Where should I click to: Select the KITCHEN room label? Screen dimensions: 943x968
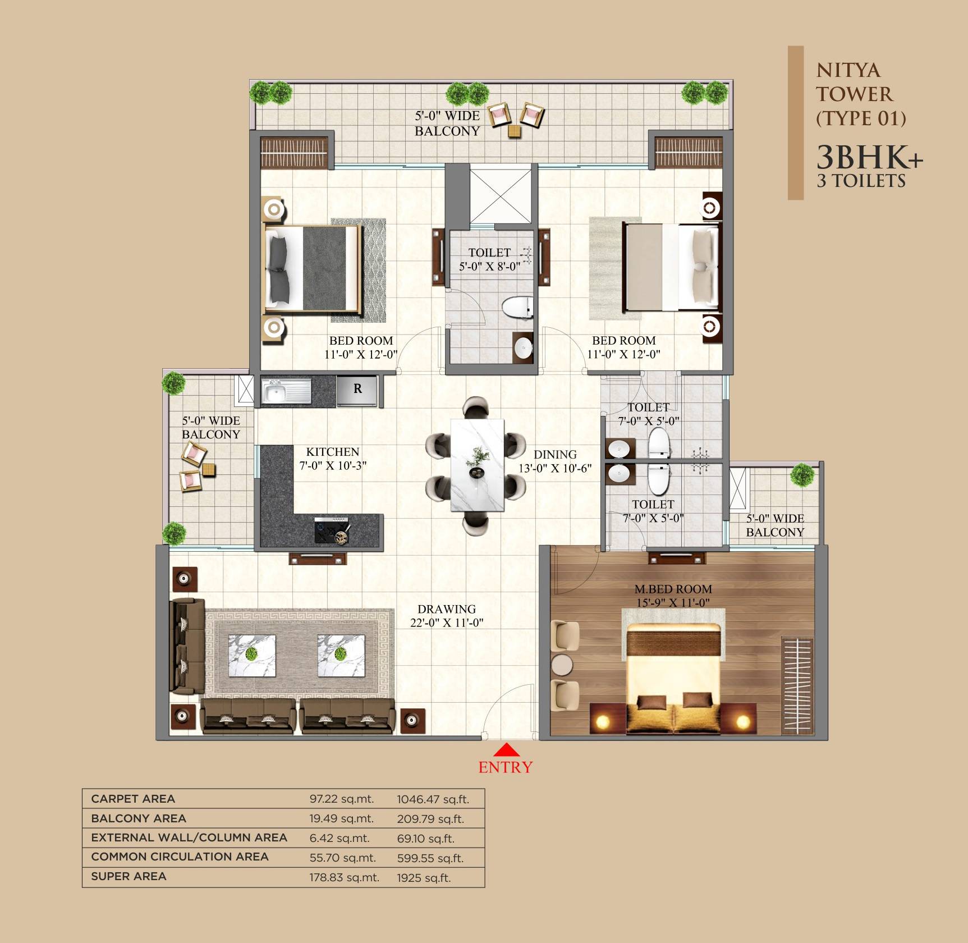click(333, 452)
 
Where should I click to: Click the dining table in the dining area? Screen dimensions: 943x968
click(478, 465)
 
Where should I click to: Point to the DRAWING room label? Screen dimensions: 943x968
click(447, 609)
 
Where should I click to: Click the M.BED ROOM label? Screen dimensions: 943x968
click(673, 589)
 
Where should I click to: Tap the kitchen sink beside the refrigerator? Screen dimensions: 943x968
click(278, 391)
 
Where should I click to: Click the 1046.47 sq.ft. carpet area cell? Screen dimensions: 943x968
click(433, 799)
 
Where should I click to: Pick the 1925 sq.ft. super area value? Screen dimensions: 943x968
click(424, 878)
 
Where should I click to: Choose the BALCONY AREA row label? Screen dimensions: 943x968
click(139, 818)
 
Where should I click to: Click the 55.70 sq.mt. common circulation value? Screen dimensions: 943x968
click(342, 858)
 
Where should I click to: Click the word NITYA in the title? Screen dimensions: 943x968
click(848, 71)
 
